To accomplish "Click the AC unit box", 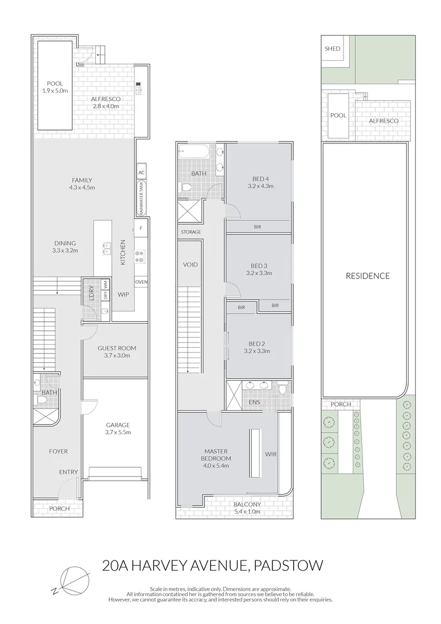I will click(x=141, y=172).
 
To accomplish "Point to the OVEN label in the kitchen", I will click(x=141, y=282).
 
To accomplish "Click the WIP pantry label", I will click(x=123, y=294).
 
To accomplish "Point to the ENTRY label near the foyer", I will click(x=68, y=472).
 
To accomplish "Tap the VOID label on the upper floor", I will click(x=190, y=265).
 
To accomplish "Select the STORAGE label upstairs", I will click(x=190, y=232).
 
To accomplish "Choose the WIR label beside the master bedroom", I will click(x=271, y=454).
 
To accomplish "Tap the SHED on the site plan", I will click(x=332, y=49).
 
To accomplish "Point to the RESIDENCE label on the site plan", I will click(x=368, y=276).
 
